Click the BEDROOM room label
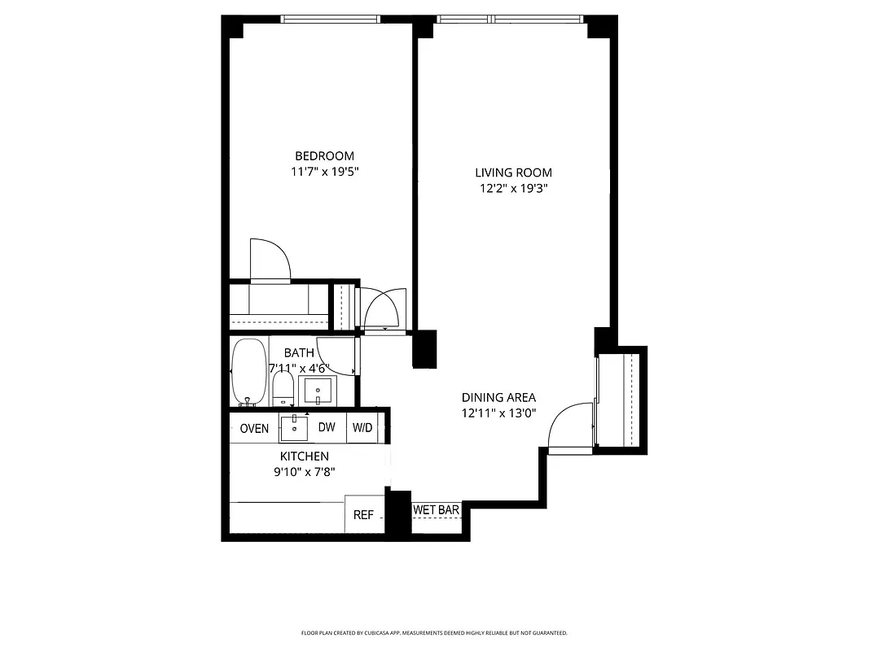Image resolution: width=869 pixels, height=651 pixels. (x=324, y=156)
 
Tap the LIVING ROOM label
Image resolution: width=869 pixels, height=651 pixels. (x=513, y=173)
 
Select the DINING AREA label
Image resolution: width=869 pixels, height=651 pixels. (x=498, y=397)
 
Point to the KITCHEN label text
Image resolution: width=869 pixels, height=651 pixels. (x=304, y=457)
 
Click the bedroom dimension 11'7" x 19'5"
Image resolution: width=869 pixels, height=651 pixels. (x=324, y=172)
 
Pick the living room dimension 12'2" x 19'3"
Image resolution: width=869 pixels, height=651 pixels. (x=513, y=188)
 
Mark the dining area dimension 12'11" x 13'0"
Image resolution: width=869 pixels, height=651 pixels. (x=498, y=413)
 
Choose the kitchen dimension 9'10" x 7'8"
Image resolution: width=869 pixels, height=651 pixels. (x=304, y=471)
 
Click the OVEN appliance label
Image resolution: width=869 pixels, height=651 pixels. (x=254, y=428)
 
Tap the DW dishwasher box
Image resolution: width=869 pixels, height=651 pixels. (x=327, y=428)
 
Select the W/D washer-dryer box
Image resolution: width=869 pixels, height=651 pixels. (x=362, y=428)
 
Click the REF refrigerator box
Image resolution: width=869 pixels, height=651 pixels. (x=363, y=514)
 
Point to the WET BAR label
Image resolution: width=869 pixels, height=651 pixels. (x=437, y=510)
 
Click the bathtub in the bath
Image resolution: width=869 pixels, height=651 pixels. (x=248, y=372)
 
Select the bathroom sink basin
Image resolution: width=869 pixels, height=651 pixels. (x=317, y=391)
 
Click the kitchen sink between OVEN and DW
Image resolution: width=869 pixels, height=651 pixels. (x=293, y=427)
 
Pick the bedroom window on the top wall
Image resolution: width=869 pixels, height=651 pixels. (x=330, y=20)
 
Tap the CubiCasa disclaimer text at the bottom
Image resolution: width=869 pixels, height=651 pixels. (x=434, y=632)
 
